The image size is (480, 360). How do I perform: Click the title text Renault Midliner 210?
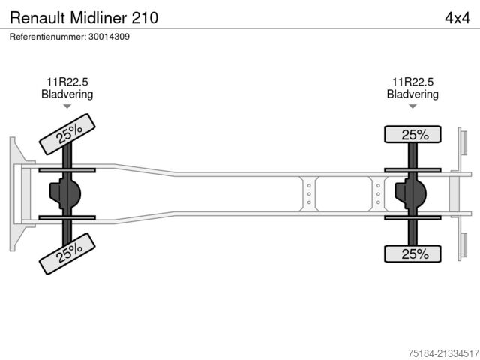pos(84,18)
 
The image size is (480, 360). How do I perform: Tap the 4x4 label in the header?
pos(457,18)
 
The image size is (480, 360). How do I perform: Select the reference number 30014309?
pos(109,37)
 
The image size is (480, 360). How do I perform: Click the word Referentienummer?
pos(48,37)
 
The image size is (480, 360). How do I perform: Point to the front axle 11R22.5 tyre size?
pos(67,82)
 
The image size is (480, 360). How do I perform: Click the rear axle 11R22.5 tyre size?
pos(412,82)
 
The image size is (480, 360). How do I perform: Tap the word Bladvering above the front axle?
pos(67,94)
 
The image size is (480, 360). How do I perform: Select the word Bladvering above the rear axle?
pos(412,94)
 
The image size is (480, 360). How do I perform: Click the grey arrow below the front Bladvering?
pos(67,106)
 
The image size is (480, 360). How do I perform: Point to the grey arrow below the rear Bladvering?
pos(412,106)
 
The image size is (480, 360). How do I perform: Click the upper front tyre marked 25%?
pos(67,134)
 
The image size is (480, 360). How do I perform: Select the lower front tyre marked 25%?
pos(67,253)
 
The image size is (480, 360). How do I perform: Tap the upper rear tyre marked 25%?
pos(412,134)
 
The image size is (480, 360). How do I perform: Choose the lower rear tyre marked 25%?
pos(412,253)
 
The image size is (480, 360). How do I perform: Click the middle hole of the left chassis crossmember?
pos(309,194)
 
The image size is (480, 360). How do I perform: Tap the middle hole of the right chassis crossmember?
pos(378,194)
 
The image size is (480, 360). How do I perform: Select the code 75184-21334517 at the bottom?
pos(443,353)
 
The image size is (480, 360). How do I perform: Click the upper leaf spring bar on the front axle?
pos(67,170)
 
